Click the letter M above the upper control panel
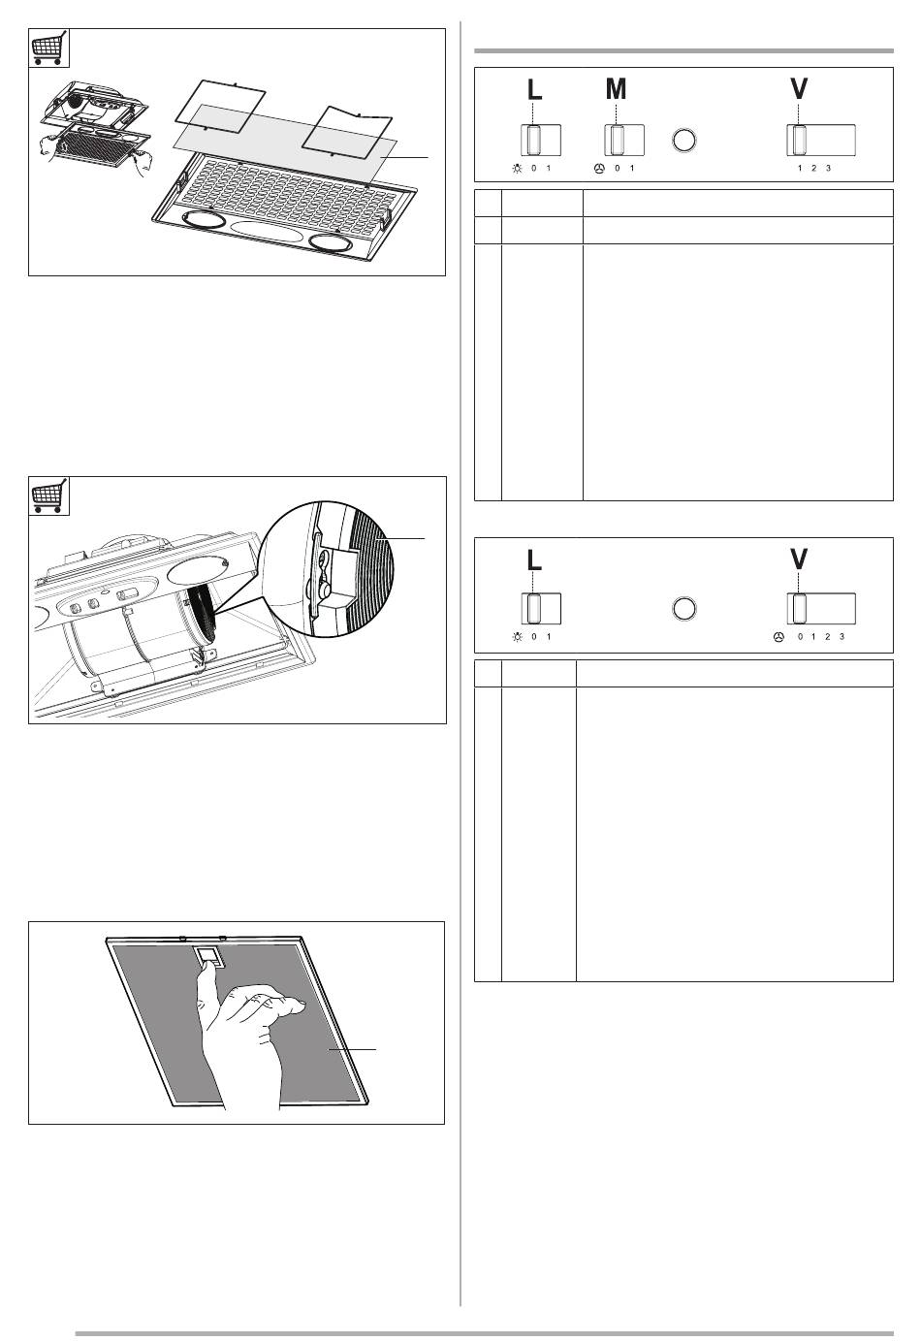(x=616, y=89)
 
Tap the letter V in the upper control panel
(x=799, y=89)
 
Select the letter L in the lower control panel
(x=534, y=559)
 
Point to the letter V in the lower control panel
(x=799, y=559)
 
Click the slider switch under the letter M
(x=624, y=140)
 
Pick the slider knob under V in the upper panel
(x=799, y=140)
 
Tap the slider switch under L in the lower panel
(x=541, y=608)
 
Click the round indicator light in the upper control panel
(x=684, y=140)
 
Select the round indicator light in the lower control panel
(x=684, y=608)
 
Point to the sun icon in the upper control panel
(x=517, y=169)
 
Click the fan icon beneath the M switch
(x=599, y=169)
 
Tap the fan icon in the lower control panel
(x=778, y=637)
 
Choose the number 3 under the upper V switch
(x=828, y=168)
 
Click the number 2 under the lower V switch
(x=828, y=636)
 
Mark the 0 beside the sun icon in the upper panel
(x=534, y=168)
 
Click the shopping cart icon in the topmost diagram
(x=49, y=48)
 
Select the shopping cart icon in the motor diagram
(x=49, y=495)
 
